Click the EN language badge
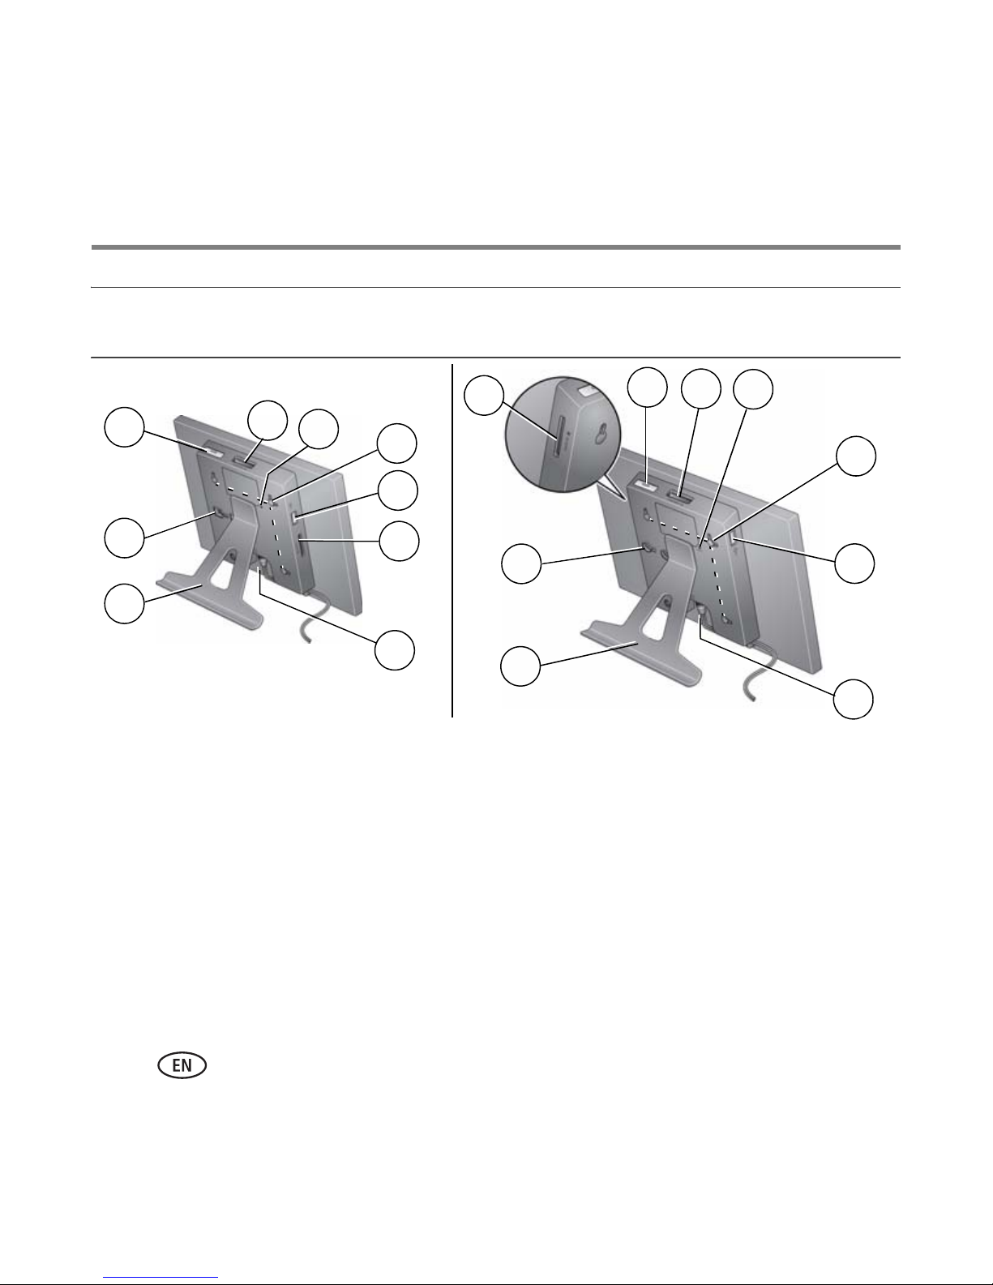click(x=182, y=1065)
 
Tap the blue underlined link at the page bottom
click(x=161, y=1277)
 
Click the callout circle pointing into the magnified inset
click(x=484, y=396)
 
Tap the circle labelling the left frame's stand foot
click(x=124, y=604)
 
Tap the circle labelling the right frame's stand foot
click(x=520, y=666)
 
